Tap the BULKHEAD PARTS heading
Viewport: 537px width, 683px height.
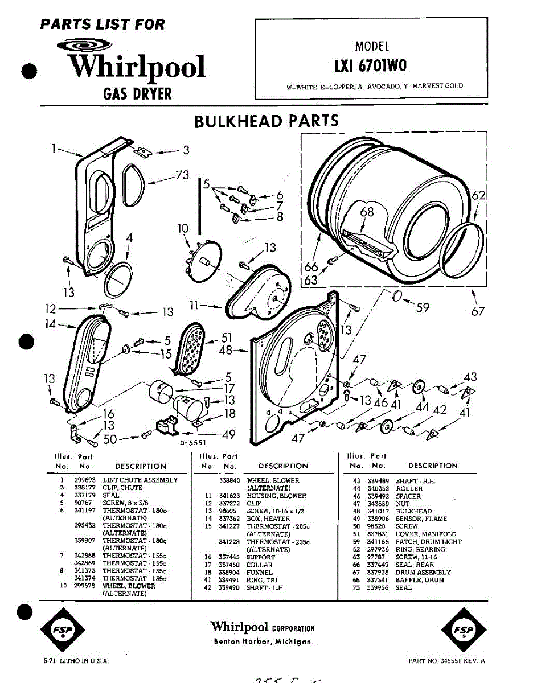[267, 121]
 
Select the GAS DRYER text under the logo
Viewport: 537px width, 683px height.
[137, 93]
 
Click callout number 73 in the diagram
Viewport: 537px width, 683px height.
[182, 176]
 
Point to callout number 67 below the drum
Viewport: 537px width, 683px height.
[477, 311]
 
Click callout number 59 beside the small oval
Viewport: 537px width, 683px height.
[422, 307]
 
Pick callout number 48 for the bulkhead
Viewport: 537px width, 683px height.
[226, 350]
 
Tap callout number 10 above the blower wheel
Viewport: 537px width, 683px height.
[182, 229]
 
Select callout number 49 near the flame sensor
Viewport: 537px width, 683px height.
[228, 435]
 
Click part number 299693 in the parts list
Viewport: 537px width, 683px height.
[85, 480]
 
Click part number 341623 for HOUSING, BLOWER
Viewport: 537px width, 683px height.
[229, 496]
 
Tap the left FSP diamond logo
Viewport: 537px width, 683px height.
[63, 632]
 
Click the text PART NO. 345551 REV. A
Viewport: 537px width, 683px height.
[447, 661]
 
